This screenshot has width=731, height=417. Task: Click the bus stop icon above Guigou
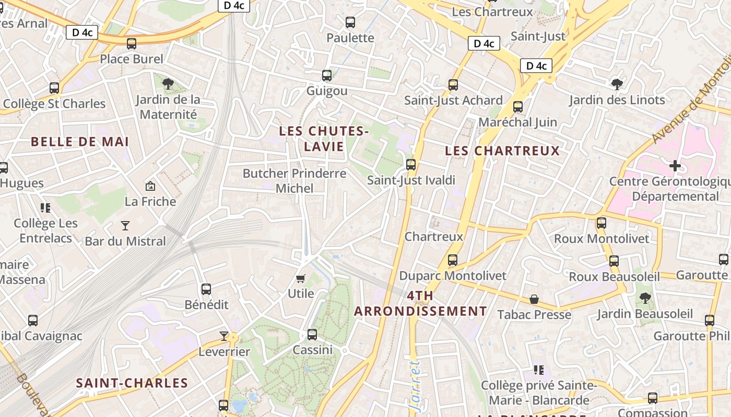pyautogui.click(x=327, y=76)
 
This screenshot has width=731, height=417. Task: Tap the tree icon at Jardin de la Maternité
pyautogui.click(x=168, y=83)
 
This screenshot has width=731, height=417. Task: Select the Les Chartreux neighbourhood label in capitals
pyautogui.click(x=502, y=151)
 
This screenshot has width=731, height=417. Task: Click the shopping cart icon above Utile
pyautogui.click(x=300, y=278)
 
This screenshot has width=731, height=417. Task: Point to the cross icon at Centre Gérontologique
pyautogui.click(x=675, y=166)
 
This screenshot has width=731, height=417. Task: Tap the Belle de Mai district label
pyautogui.click(x=80, y=142)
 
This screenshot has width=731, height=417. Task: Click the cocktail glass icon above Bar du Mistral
pyautogui.click(x=125, y=226)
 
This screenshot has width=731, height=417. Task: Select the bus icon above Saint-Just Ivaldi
pyautogui.click(x=411, y=165)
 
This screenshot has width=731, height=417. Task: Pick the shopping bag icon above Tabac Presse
pyautogui.click(x=534, y=299)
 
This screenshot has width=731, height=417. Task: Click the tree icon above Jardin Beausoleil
pyautogui.click(x=645, y=298)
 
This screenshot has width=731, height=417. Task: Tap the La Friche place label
pyautogui.click(x=150, y=201)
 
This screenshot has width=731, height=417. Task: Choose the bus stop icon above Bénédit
pyautogui.click(x=206, y=289)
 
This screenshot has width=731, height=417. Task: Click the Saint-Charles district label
pyautogui.click(x=132, y=383)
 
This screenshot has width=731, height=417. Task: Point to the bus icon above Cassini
pyautogui.click(x=312, y=334)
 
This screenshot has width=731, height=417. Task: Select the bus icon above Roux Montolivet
pyautogui.click(x=602, y=223)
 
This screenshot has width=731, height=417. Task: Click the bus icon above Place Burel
pyautogui.click(x=132, y=44)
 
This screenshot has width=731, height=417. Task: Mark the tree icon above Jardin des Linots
pyautogui.click(x=617, y=84)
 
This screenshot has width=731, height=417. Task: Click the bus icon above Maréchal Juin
pyautogui.click(x=518, y=107)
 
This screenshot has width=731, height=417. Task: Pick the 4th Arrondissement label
pyautogui.click(x=420, y=304)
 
